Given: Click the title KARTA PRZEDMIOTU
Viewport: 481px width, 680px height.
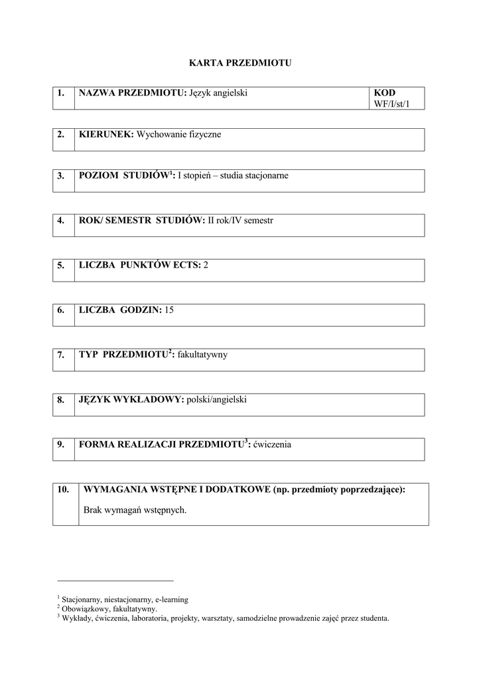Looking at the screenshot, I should [240, 64].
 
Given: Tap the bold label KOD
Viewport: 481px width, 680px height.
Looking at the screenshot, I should [384, 93].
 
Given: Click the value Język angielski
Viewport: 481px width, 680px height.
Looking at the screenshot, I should [218, 93].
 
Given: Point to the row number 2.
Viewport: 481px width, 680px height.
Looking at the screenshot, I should [61, 135].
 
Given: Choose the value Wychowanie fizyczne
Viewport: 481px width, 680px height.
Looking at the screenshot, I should [178, 135].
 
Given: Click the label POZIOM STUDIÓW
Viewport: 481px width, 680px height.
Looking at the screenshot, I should [124, 176].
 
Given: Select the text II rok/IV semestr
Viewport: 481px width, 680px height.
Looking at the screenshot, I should [240, 220].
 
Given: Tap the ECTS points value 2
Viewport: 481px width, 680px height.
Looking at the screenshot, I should [206, 265].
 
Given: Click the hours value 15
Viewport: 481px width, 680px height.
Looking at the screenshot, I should [169, 310].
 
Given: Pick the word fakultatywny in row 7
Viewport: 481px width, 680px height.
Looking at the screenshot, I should [202, 355].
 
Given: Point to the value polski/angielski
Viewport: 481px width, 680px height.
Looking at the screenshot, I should [217, 400].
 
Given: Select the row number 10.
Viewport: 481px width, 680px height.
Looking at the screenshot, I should [63, 489].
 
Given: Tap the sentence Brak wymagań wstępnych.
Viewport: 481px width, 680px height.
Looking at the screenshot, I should [135, 511].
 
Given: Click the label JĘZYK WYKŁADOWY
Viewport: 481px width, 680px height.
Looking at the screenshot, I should [131, 400].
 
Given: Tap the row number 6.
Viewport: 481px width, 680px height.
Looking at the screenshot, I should [61, 310].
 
